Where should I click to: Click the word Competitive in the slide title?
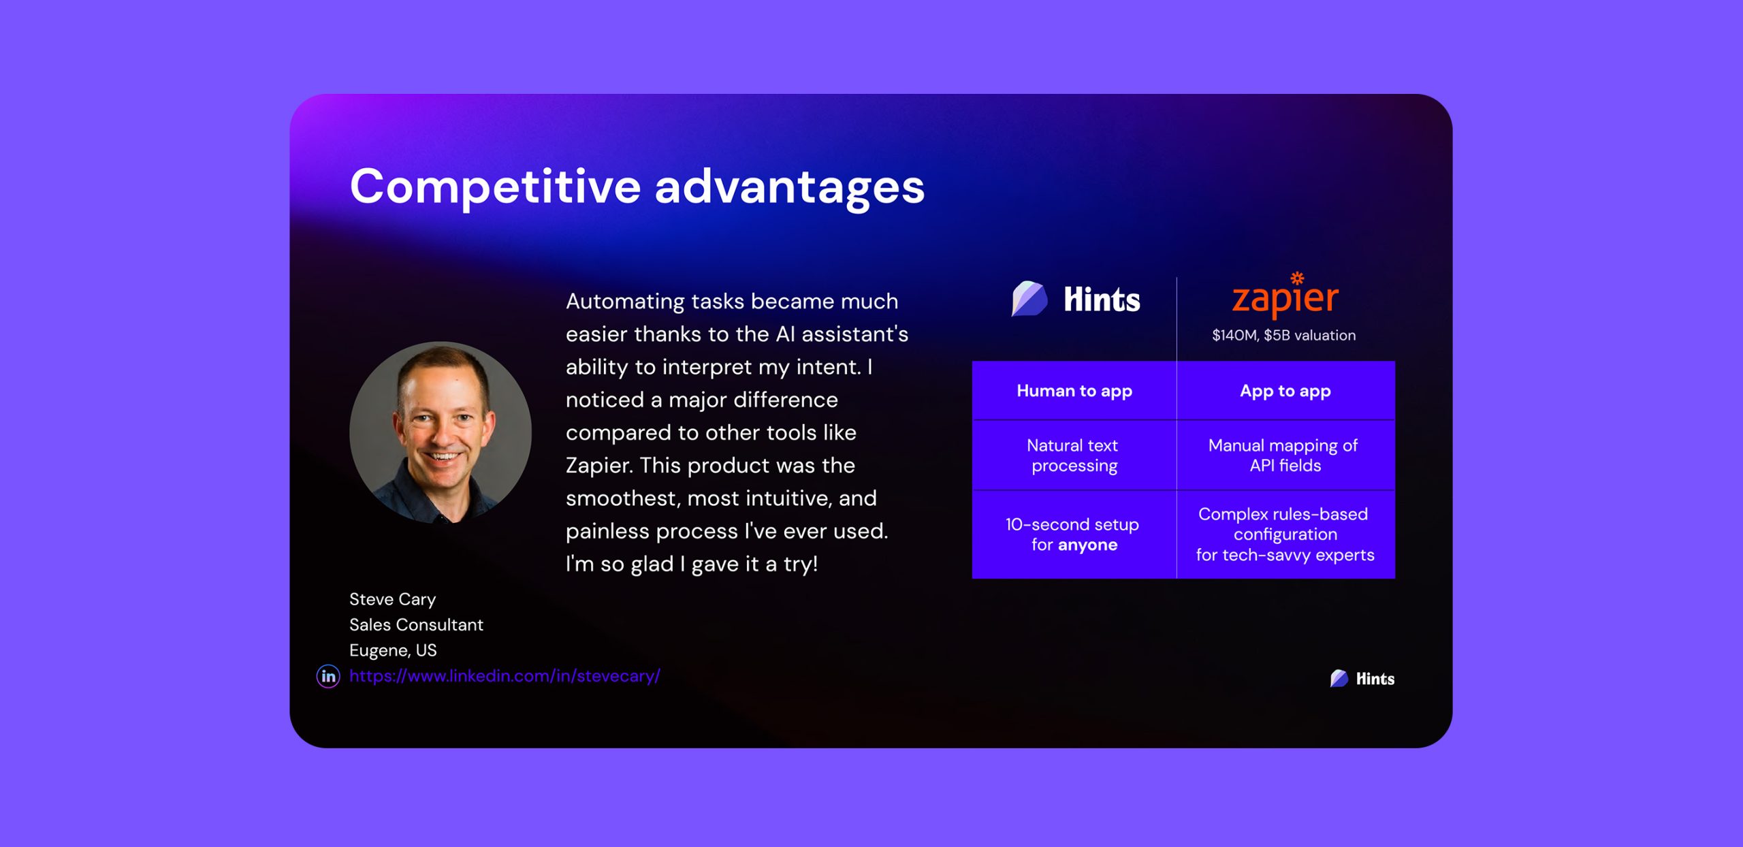click(x=495, y=187)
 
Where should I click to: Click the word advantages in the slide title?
click(x=790, y=187)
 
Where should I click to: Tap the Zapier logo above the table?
click(x=1285, y=295)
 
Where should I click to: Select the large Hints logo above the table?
click(x=1076, y=299)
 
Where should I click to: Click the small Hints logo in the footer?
click(x=1362, y=678)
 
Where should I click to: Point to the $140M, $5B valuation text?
click(x=1284, y=335)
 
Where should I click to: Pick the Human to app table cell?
click(x=1074, y=391)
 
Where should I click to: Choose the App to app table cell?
click(x=1285, y=391)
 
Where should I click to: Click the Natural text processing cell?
click(x=1074, y=456)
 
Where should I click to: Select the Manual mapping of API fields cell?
click(x=1285, y=456)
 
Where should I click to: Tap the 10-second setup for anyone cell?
click(x=1074, y=534)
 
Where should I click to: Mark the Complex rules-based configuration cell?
click(x=1285, y=534)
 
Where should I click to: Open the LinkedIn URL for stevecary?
click(x=505, y=676)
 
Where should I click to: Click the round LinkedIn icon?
click(x=328, y=676)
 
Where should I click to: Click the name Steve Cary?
click(x=392, y=599)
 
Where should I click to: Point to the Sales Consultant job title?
click(x=416, y=625)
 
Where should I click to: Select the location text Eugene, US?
click(x=393, y=650)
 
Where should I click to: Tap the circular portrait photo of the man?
click(x=441, y=432)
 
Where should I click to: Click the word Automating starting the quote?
click(x=625, y=302)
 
